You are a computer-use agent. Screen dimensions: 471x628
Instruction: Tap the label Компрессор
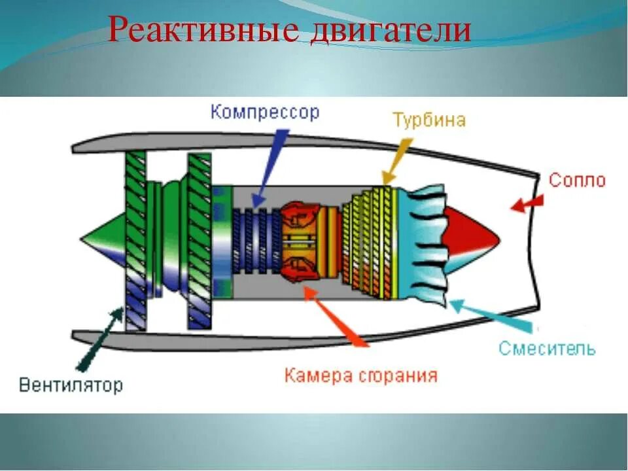tap(265, 113)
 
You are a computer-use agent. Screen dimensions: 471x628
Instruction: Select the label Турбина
tap(429, 120)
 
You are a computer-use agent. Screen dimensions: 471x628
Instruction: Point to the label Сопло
tap(577, 181)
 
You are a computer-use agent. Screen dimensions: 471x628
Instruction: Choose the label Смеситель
tap(547, 348)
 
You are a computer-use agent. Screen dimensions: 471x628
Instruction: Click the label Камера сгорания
tap(360, 376)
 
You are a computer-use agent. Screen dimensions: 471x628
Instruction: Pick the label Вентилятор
tap(71, 385)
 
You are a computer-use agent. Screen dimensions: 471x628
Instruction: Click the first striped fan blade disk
tap(135, 239)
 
